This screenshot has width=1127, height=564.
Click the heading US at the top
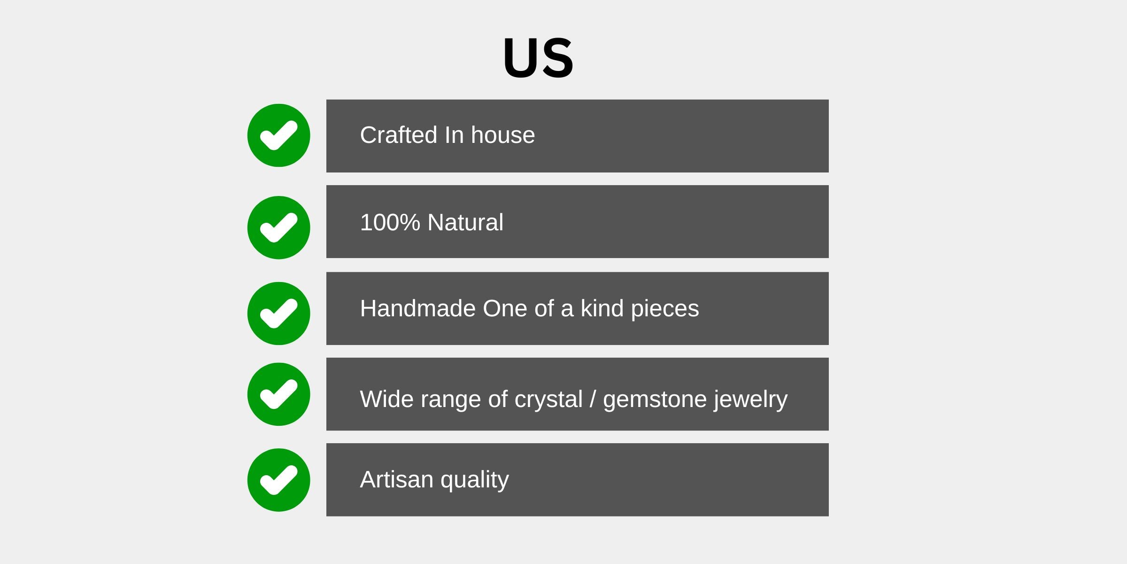[538, 57]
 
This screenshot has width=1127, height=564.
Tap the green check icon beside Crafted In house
[278, 135]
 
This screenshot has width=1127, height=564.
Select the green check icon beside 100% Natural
[278, 227]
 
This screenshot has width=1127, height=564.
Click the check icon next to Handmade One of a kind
[278, 313]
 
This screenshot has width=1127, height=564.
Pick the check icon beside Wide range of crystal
[278, 394]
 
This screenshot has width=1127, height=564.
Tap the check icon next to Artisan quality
[278, 480]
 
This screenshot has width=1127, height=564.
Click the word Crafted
[399, 135]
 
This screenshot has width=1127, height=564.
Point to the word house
[503, 135]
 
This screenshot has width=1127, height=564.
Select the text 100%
[390, 222]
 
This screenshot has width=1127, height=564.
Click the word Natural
[465, 222]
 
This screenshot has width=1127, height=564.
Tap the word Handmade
[418, 309]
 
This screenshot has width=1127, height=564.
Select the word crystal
[548, 401]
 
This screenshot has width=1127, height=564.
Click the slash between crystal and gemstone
[593, 399]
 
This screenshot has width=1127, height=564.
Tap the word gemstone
[655, 401]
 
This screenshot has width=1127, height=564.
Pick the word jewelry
[751, 401]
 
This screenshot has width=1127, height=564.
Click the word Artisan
[397, 480]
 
